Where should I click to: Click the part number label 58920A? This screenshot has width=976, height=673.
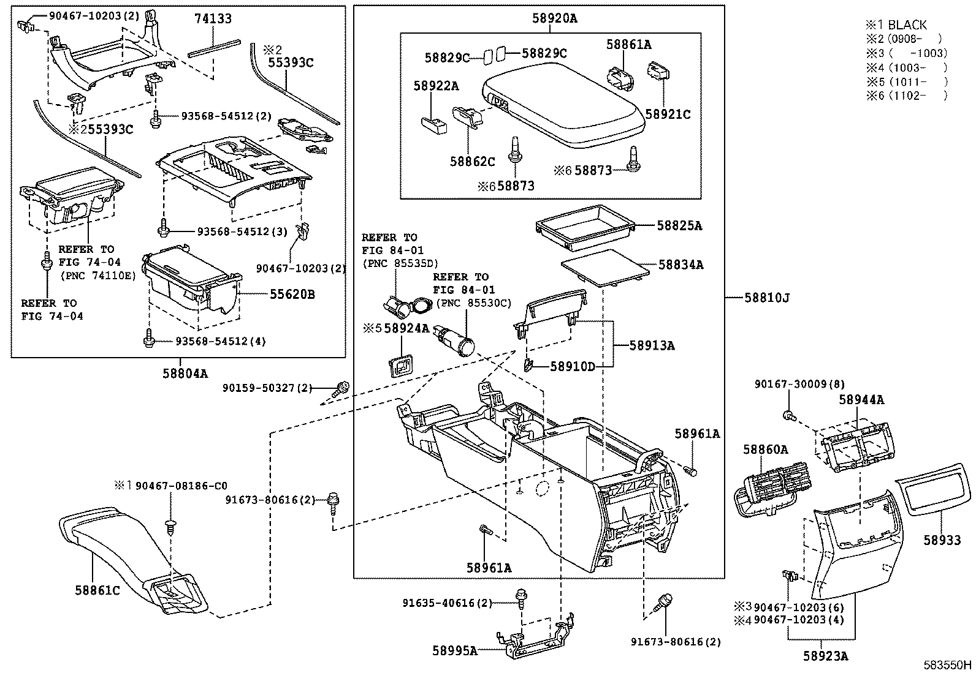click(554, 19)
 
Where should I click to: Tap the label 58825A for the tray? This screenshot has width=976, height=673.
click(679, 226)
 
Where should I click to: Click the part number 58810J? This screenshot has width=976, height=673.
click(767, 298)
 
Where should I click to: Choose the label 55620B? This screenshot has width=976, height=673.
click(292, 295)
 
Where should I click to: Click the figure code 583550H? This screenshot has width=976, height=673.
click(948, 665)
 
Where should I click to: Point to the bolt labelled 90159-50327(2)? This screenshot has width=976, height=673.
click(342, 388)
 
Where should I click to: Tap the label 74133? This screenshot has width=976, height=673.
click(213, 19)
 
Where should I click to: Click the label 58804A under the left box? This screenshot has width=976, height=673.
click(185, 372)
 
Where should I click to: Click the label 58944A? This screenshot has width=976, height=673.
click(861, 400)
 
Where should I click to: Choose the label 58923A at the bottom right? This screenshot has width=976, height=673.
click(826, 656)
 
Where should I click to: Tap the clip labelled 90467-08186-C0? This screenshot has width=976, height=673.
click(170, 526)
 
